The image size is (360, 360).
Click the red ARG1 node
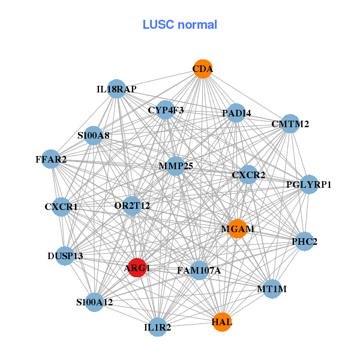coord(137,268)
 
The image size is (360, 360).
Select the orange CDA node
coord(203,69)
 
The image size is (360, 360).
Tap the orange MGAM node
coord(238,229)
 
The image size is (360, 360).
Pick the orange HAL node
coord(221,322)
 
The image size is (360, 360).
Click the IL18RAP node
coord(116,89)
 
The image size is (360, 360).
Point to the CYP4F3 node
coord(166,110)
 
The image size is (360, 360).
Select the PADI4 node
coord(236,113)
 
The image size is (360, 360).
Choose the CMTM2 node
coord(290,124)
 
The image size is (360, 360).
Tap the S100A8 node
coord(94,136)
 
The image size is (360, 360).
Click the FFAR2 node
coord(51,159)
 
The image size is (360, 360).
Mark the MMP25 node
coord(175,166)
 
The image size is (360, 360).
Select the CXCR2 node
coord(248,175)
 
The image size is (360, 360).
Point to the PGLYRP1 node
coord(308,184)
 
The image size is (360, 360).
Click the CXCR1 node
coord(61,207)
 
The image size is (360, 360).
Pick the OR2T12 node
coord(132,206)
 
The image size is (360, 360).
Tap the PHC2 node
coord(304,242)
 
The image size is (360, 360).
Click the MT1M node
coord(272,289)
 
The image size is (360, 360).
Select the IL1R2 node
coord(157,327)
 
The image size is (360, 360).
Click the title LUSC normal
coord(179,25)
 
